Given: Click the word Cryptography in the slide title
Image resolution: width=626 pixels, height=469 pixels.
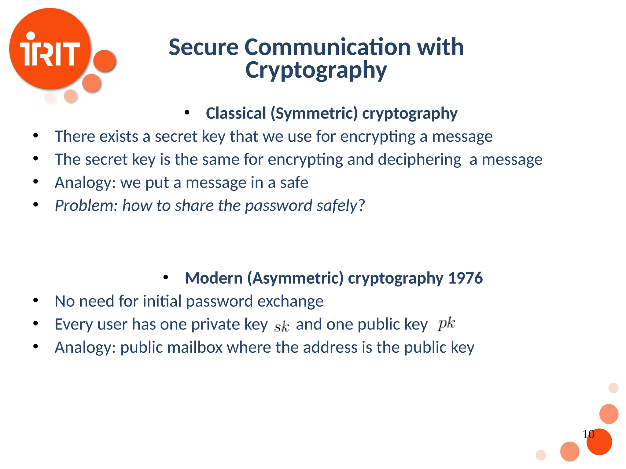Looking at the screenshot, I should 316,70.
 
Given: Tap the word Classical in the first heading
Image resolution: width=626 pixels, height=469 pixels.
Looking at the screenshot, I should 236,113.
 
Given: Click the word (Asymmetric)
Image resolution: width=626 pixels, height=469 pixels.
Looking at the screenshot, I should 295,278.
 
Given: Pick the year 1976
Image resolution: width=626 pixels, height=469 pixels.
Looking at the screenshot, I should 465,278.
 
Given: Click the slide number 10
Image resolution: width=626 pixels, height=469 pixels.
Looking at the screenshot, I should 588,434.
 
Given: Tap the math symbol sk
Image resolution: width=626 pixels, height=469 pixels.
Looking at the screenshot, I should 282,326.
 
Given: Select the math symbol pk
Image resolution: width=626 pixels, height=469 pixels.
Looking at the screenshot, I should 446,323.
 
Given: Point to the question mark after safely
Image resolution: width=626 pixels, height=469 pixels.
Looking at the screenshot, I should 362,205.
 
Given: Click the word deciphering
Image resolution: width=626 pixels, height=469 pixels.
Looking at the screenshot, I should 419,160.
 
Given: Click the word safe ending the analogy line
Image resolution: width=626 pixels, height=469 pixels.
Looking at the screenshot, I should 294,183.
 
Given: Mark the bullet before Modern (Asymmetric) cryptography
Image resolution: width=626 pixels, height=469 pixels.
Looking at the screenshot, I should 166,278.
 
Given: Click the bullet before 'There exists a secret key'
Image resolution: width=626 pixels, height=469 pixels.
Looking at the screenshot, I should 36,136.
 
